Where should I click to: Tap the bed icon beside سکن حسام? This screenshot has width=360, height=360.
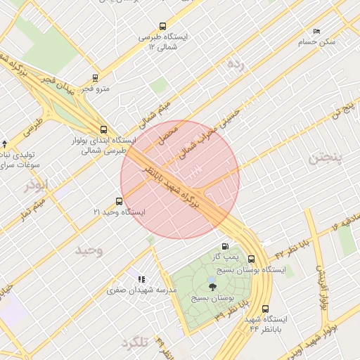coord(316,32)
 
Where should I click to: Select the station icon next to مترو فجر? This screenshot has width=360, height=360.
coord(96,78)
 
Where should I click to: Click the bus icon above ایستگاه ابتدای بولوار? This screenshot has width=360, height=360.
coord(104,129)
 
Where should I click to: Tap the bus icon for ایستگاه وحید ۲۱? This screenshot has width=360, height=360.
coord(118,201)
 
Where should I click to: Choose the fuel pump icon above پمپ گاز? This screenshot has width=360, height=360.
coord(225,247)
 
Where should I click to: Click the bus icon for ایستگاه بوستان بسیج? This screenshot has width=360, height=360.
coord(251,258)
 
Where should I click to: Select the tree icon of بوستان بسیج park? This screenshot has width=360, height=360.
coord(212,286)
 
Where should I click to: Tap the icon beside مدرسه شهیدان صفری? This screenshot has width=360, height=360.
coord(141,279)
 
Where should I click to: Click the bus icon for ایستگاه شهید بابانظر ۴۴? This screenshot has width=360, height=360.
coord(265,308)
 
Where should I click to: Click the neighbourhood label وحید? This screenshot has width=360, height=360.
coord(89,250)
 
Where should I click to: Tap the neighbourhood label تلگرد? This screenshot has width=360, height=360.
coord(135,342)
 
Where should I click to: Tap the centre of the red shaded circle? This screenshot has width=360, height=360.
coord(180,180)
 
